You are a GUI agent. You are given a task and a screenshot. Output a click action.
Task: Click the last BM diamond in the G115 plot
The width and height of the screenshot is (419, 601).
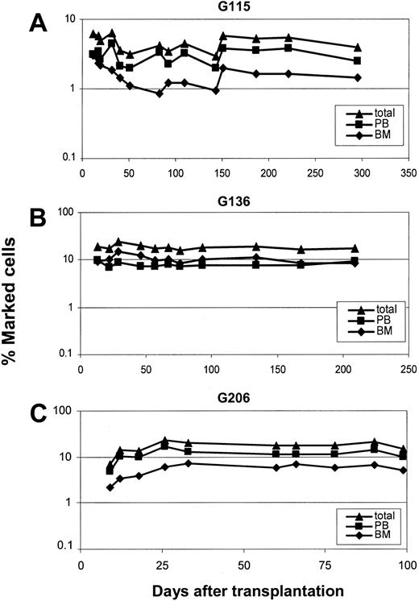pyautogui.click(x=357, y=77)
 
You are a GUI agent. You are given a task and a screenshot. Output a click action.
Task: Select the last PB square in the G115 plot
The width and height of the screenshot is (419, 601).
pyautogui.click(x=357, y=60)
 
